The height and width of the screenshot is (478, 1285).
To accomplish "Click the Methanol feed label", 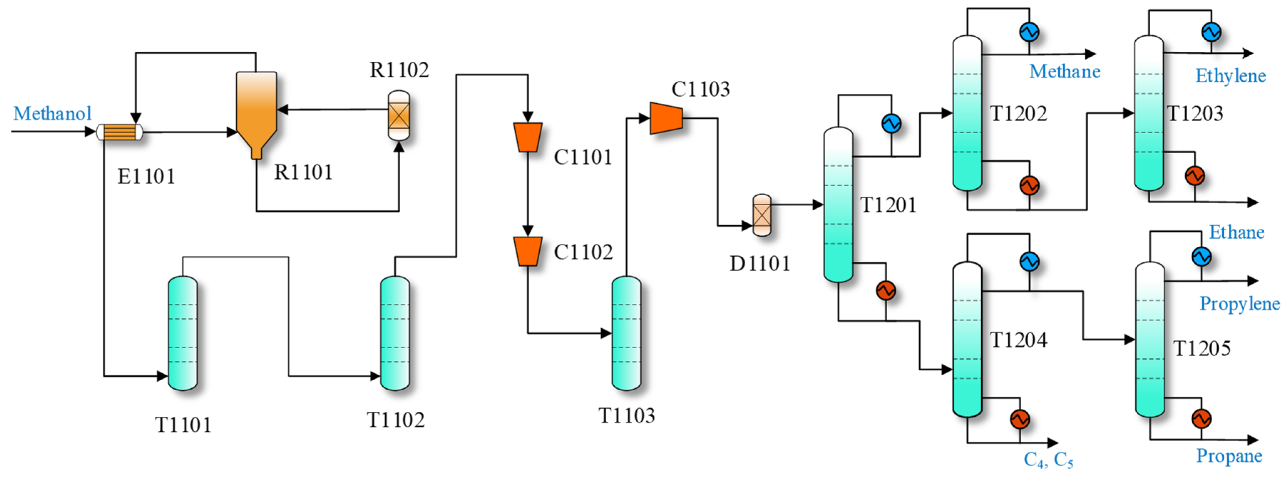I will click(x=52, y=113).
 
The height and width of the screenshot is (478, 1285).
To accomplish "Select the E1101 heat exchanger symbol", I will click(x=120, y=132).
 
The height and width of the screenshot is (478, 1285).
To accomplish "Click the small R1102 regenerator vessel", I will click(x=399, y=115).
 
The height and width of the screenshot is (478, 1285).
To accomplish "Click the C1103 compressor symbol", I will click(x=666, y=118).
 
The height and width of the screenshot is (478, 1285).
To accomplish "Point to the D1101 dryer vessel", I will click(x=761, y=215).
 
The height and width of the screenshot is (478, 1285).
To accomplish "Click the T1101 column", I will click(x=183, y=333).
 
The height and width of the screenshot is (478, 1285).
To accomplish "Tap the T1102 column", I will click(x=395, y=333).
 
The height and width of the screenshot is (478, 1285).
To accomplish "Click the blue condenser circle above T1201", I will click(x=891, y=123).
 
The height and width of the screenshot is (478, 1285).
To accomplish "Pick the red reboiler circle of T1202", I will click(x=1029, y=186).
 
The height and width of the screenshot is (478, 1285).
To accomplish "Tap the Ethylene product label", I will click(x=1230, y=76).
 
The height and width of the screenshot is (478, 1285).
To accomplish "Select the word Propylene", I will click(x=1239, y=303).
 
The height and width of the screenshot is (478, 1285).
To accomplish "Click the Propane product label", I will click(x=1229, y=456).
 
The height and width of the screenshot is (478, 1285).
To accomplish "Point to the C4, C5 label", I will click(x=1048, y=459).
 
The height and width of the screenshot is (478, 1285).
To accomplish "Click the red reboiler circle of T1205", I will click(x=1201, y=418).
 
